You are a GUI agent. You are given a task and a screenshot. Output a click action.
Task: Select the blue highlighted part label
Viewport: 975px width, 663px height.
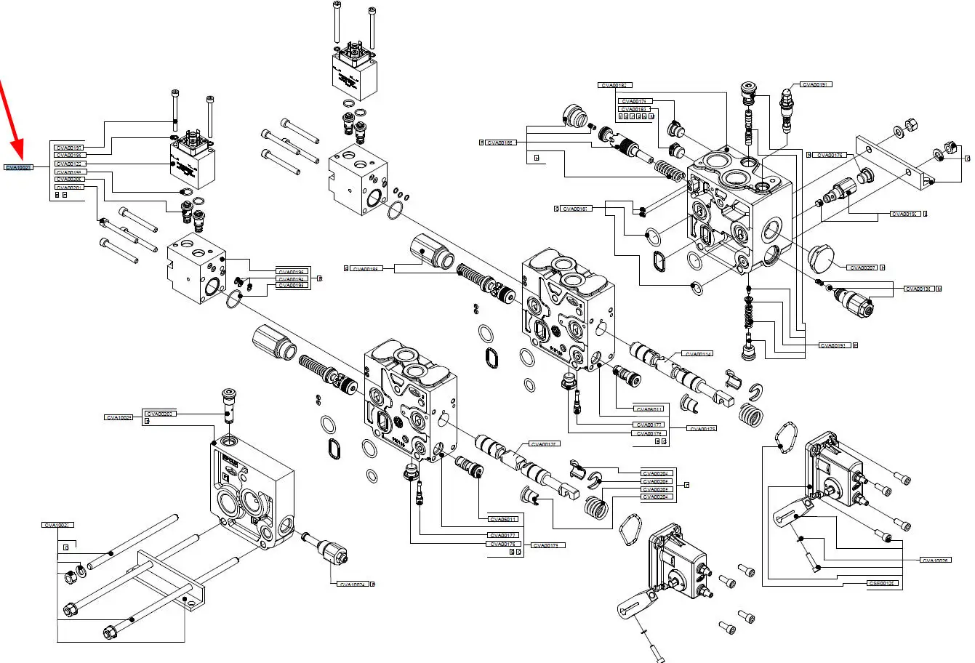(x=18, y=167)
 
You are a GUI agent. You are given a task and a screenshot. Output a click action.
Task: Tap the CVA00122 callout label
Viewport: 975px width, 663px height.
(x=69, y=164)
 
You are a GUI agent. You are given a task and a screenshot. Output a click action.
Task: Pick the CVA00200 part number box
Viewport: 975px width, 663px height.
(x=69, y=179)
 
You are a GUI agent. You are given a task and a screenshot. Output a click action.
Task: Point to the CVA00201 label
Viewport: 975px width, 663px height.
(x=69, y=187)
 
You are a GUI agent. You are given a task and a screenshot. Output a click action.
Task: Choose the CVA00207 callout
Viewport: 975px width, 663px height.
(x=862, y=268)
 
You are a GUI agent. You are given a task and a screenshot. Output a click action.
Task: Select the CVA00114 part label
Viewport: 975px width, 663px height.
(x=697, y=354)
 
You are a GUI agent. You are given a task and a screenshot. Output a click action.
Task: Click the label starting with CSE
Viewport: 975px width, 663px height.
(x=882, y=583)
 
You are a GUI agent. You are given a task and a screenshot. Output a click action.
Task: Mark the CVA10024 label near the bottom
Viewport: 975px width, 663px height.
(x=353, y=584)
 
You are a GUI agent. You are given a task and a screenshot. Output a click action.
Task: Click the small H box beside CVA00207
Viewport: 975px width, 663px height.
(x=883, y=268)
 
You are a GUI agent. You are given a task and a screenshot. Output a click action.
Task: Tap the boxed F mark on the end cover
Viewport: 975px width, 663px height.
(x=225, y=478)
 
